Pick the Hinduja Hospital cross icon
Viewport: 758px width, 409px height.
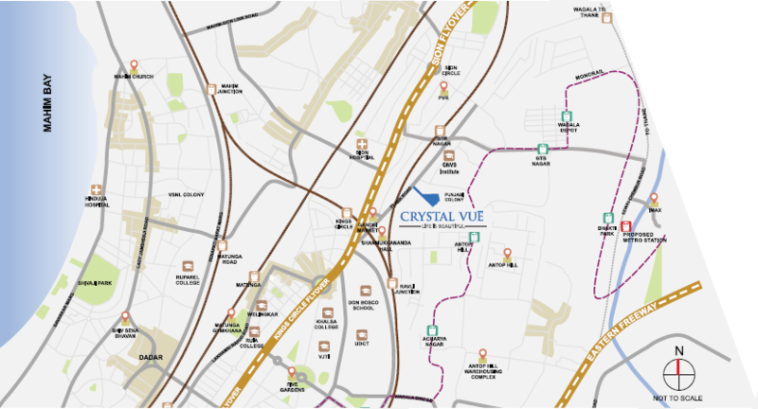(x=96, y=190)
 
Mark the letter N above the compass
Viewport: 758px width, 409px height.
(x=678, y=352)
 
